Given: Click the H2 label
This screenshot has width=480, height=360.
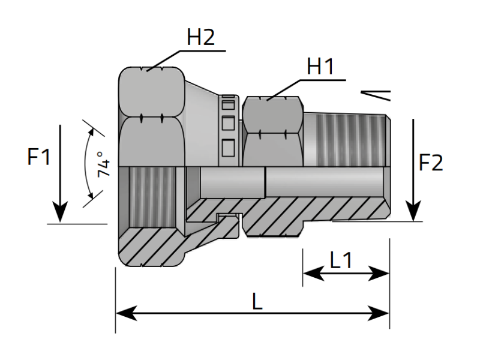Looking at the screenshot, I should [200, 38].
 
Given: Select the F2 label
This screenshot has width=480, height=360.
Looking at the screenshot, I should [431, 163].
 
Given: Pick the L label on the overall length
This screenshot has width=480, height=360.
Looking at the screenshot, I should [257, 302].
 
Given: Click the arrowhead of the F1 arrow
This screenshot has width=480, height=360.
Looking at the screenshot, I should [60, 213].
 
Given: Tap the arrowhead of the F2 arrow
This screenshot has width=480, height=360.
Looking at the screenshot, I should [413, 211].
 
